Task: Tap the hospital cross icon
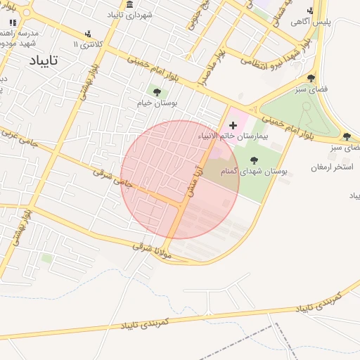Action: [233, 124]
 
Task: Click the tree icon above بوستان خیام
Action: [156, 92]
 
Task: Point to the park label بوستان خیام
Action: [157, 103]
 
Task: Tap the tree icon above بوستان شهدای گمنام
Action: [254, 160]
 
